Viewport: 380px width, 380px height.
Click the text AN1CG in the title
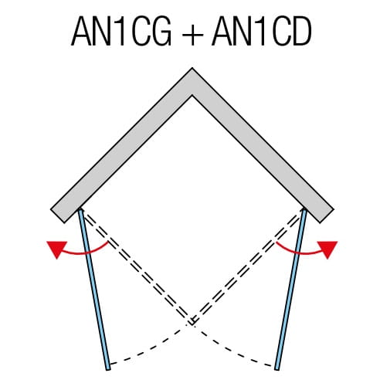click(x=121, y=32)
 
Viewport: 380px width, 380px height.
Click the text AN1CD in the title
click(x=262, y=32)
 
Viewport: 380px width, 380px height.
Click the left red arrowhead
click(x=57, y=249)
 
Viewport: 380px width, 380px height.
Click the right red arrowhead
click(x=327, y=249)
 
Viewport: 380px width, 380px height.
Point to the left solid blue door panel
click(x=94, y=290)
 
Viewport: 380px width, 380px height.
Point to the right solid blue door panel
click(x=290, y=290)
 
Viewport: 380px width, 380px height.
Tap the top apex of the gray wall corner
click(x=192, y=68)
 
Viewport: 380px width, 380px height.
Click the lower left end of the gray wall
click(x=58, y=215)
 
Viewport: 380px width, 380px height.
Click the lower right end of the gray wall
click(x=327, y=215)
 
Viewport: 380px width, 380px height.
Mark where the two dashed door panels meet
click(x=192, y=323)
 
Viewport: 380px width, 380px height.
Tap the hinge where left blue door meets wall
click(x=80, y=210)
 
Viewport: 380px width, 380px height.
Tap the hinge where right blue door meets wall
click(x=304, y=210)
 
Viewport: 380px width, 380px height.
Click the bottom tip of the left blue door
click(x=108, y=370)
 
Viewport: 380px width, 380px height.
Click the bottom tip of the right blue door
click(x=277, y=370)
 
